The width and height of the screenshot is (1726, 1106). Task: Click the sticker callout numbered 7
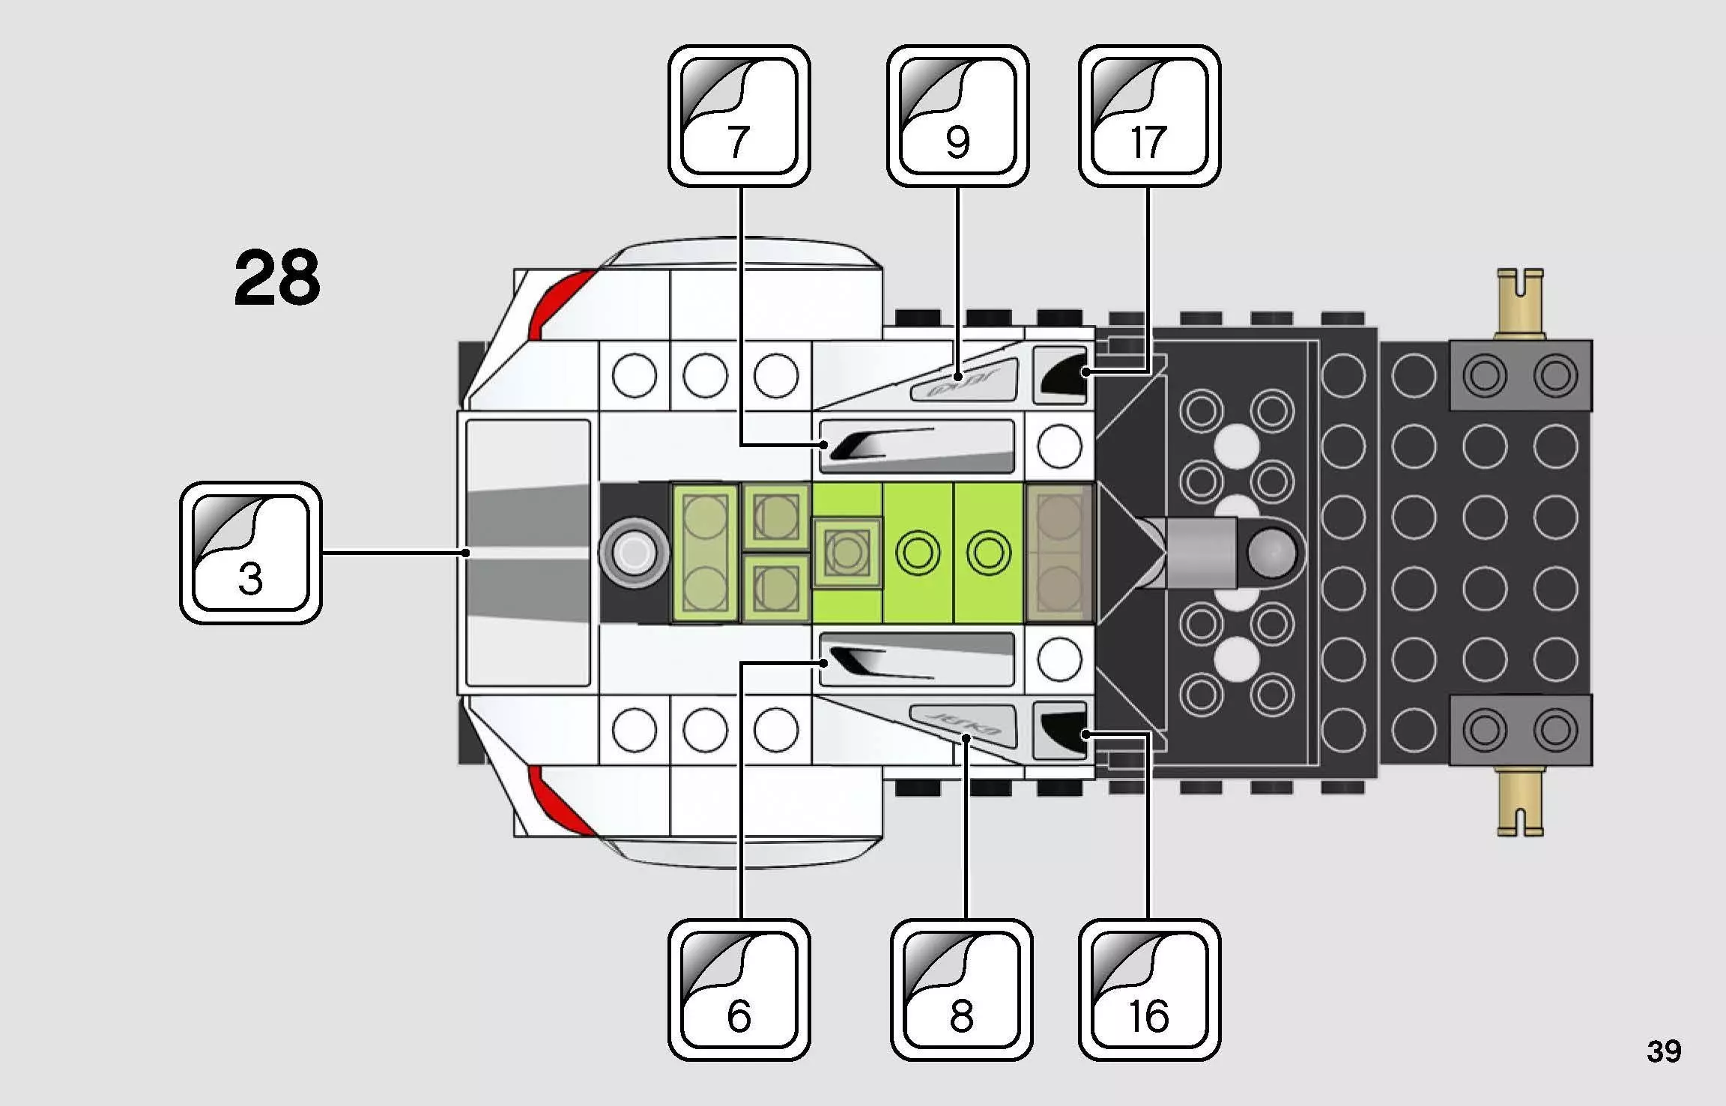click(739, 116)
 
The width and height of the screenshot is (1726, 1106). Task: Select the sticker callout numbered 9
click(957, 116)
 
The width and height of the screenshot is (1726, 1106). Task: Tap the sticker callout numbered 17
click(1149, 116)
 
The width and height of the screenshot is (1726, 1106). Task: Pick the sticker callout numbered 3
click(251, 553)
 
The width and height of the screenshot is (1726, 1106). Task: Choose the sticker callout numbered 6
click(739, 989)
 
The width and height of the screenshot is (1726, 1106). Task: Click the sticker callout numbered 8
click(961, 989)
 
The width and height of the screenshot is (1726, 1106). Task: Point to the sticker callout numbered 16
click(1149, 989)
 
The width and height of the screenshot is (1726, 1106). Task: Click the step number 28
click(277, 279)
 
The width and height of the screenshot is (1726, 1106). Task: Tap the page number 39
click(1664, 1051)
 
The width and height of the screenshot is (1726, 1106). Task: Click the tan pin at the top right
click(1520, 303)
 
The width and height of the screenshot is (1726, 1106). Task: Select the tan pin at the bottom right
click(1520, 801)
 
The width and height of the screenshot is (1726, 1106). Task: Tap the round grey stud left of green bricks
click(635, 553)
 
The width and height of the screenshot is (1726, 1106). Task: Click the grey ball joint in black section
click(1271, 553)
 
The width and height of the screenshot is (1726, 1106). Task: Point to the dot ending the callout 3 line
click(466, 553)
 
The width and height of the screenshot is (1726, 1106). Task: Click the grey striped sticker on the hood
click(528, 553)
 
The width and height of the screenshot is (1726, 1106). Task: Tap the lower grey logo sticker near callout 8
click(965, 723)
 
